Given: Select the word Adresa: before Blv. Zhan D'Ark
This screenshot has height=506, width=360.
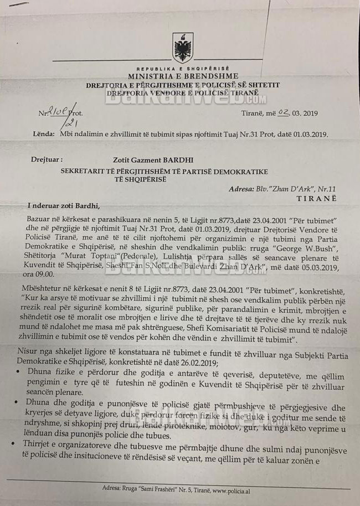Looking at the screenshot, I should pyautogui.click(x=241, y=189).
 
